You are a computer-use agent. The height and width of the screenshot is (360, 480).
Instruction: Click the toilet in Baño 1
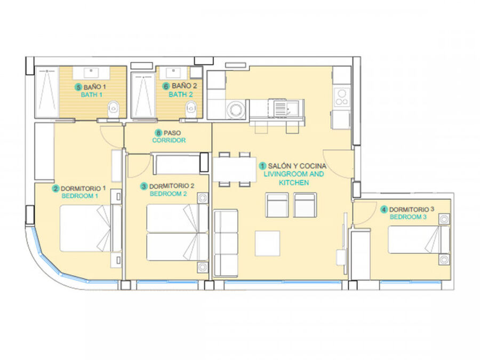pyautogui.click(x=114, y=109)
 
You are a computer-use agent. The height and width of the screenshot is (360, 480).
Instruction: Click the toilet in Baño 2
pyautogui.click(x=191, y=109)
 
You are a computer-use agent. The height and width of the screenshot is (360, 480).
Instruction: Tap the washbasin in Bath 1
pyautogui.click(x=91, y=73)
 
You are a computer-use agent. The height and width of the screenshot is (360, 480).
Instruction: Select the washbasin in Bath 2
pyautogui.click(x=173, y=73)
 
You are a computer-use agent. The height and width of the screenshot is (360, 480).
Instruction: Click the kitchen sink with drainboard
pyautogui.click(x=286, y=108)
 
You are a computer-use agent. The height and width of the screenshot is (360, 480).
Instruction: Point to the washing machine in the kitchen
pyautogui.click(x=236, y=109)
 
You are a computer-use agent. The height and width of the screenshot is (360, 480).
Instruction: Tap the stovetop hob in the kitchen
pyautogui.click(x=342, y=97)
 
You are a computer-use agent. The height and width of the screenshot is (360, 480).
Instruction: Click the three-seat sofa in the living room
pyautogui.click(x=226, y=243)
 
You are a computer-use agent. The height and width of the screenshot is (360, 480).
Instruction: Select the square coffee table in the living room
pyautogui.click(x=267, y=243)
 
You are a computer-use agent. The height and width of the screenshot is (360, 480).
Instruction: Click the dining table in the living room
pyautogui.click(x=235, y=169)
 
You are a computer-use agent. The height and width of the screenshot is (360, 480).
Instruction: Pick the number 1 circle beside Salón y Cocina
pyautogui.click(x=262, y=166)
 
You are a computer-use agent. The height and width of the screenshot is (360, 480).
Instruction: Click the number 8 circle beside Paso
pyautogui.click(x=158, y=133)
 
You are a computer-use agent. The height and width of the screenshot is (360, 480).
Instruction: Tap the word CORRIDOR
pyautogui.click(x=169, y=140)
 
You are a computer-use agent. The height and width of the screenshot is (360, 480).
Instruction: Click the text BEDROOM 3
pyautogui.click(x=408, y=217)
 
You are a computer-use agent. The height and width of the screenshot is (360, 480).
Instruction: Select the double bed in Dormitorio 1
pyautogui.click(x=91, y=228)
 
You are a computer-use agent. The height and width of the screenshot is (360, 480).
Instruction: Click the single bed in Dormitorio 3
pyautogui.click(x=419, y=239)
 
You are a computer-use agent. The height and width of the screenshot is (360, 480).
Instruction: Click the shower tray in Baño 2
pyautogui.click(x=143, y=95)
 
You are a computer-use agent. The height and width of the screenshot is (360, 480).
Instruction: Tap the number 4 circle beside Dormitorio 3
pyautogui.click(x=384, y=210)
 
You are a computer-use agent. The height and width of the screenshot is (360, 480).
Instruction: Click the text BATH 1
pyautogui.click(x=92, y=95)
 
